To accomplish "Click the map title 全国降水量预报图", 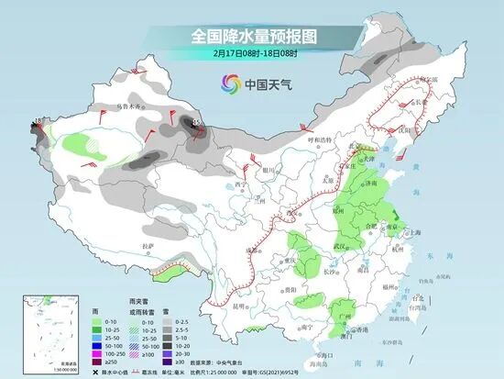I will click(251, 37).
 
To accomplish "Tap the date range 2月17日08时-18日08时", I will click(251, 54).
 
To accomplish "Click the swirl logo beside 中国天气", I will click(227, 84).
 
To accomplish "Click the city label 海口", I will click(320, 353).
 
